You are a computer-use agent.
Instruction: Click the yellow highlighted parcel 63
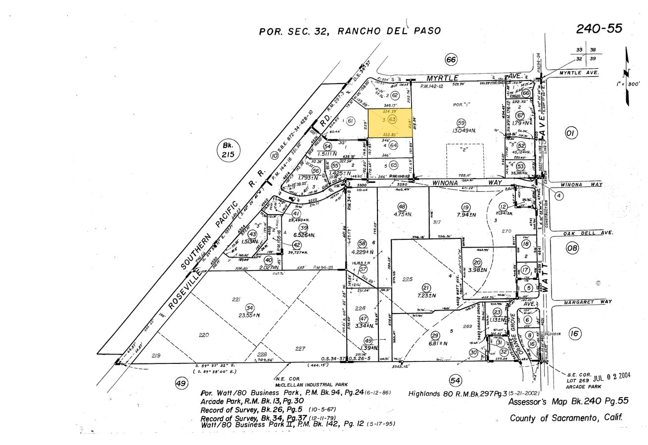[x=391, y=123]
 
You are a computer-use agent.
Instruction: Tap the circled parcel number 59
[x=462, y=123]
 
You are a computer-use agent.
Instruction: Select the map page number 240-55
[x=599, y=29]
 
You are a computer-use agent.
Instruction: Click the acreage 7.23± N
[x=425, y=296]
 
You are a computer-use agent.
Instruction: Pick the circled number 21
[x=425, y=287]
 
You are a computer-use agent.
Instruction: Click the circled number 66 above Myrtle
[x=451, y=60]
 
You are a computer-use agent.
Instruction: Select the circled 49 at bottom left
[x=181, y=383]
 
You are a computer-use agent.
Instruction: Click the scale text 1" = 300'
[x=628, y=84]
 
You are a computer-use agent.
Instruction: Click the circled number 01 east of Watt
[x=571, y=133]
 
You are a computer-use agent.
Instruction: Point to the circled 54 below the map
[x=455, y=380]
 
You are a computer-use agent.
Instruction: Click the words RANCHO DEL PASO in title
[x=389, y=31]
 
